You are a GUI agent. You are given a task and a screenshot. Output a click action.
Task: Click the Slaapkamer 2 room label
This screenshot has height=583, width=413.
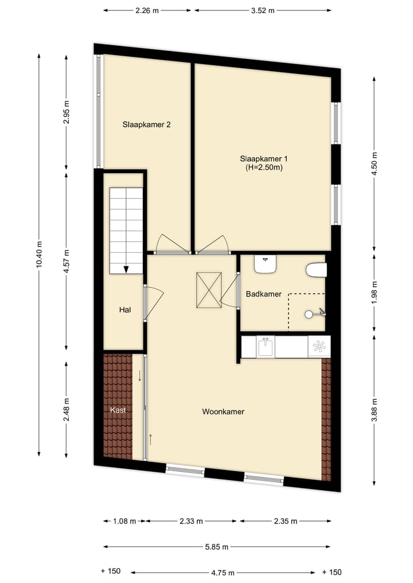[x=147, y=124]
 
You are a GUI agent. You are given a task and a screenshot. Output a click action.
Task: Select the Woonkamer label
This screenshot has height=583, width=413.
[x=223, y=412]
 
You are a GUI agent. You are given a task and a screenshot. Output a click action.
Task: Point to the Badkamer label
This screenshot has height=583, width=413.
[x=263, y=294]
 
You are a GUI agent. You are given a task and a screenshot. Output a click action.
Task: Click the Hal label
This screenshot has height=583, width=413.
[x=125, y=310]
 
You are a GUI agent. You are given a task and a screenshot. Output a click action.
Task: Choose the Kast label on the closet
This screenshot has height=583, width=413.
[x=118, y=410]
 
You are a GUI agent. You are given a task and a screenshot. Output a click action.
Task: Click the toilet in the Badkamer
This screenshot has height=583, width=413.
[x=316, y=269]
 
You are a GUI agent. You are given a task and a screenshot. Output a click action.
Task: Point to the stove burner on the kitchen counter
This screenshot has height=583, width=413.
[x=319, y=346]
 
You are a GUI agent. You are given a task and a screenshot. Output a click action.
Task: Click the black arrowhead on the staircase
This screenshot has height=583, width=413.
[x=126, y=269]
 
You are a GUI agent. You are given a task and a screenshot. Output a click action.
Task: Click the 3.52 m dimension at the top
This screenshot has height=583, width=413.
[x=263, y=10]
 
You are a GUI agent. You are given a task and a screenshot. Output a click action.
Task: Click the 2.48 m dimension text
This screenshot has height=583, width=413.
[x=67, y=409]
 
